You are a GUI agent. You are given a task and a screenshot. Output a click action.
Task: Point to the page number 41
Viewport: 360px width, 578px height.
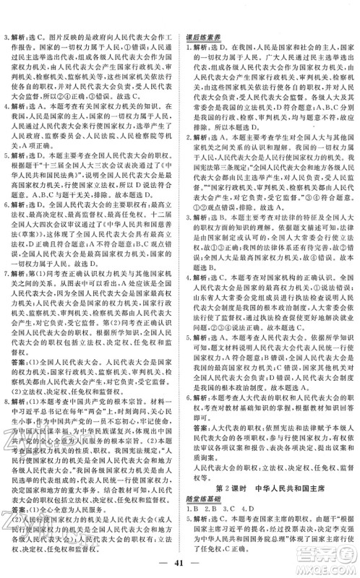click(180, 563)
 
